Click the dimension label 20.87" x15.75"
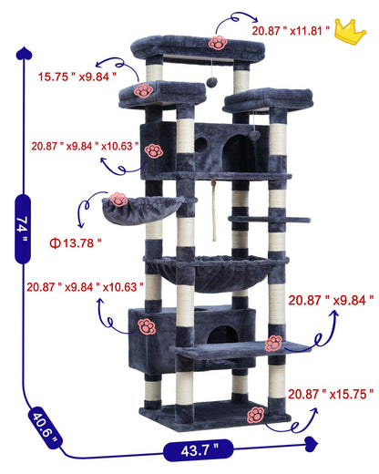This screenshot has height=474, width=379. point(332,394)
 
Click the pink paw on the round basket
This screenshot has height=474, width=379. point(119,198)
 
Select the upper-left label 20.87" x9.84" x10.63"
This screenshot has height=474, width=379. point(85,146)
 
